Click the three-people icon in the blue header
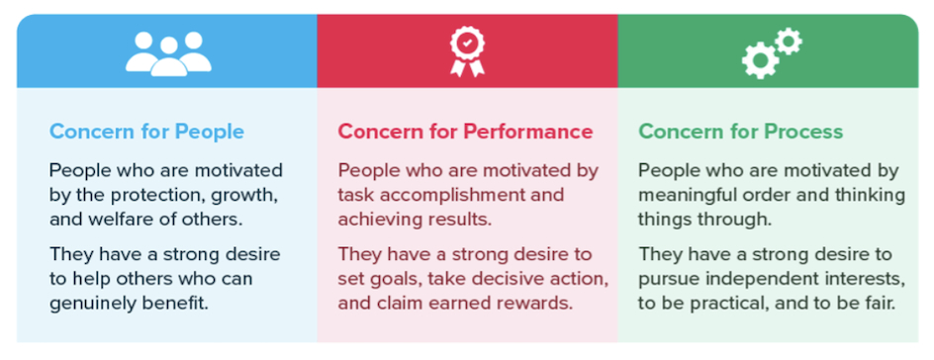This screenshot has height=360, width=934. click(168, 53)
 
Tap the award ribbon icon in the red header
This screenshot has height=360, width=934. click(468, 51)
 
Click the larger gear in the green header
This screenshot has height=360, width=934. click(760, 61)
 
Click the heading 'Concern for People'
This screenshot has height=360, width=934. click(146, 132)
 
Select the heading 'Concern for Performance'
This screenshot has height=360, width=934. click(465, 132)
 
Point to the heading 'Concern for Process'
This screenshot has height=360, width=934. click(740, 132)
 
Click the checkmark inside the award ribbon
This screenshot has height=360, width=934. click(468, 44)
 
